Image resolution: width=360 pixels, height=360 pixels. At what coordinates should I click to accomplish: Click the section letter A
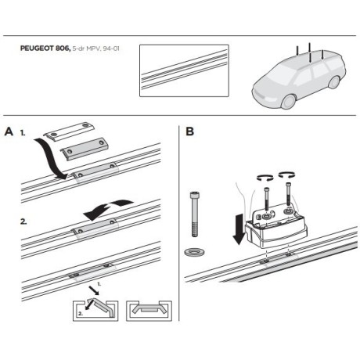(9, 131)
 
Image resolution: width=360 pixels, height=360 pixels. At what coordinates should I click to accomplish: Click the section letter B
(190, 131)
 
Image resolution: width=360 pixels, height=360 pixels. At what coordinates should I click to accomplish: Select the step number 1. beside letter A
(24, 134)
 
